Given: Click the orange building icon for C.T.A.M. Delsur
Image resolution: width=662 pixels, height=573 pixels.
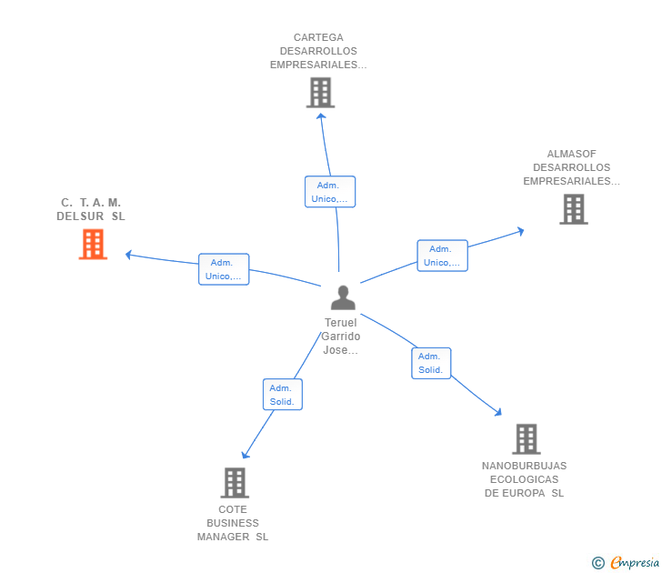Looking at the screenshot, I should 93,244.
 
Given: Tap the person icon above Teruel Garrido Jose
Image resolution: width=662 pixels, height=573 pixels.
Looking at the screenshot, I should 343,297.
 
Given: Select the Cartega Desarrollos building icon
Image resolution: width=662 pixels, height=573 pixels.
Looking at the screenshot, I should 320,93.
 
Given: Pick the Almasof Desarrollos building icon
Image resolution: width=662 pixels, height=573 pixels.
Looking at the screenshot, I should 573,209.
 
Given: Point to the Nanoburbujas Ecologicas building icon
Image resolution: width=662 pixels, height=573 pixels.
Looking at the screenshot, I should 526,439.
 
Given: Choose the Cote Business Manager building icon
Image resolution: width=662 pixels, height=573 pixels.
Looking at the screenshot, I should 235,483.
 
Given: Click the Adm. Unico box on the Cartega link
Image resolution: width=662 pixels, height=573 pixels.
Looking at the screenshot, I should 329,192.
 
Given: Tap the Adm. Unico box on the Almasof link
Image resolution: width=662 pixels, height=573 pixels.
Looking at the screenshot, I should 442,256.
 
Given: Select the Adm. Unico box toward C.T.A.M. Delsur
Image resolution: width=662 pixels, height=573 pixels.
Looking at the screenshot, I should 224,269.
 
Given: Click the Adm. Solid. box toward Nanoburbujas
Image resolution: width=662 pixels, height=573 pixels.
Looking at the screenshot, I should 430,363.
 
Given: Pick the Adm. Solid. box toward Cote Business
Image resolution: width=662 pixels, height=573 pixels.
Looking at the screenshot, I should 282,394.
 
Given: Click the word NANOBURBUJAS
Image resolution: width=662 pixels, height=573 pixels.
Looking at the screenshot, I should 524,466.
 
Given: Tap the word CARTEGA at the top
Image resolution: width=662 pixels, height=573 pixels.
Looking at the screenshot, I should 318,37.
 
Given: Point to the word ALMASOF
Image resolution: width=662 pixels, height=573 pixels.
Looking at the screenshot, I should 571,154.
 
